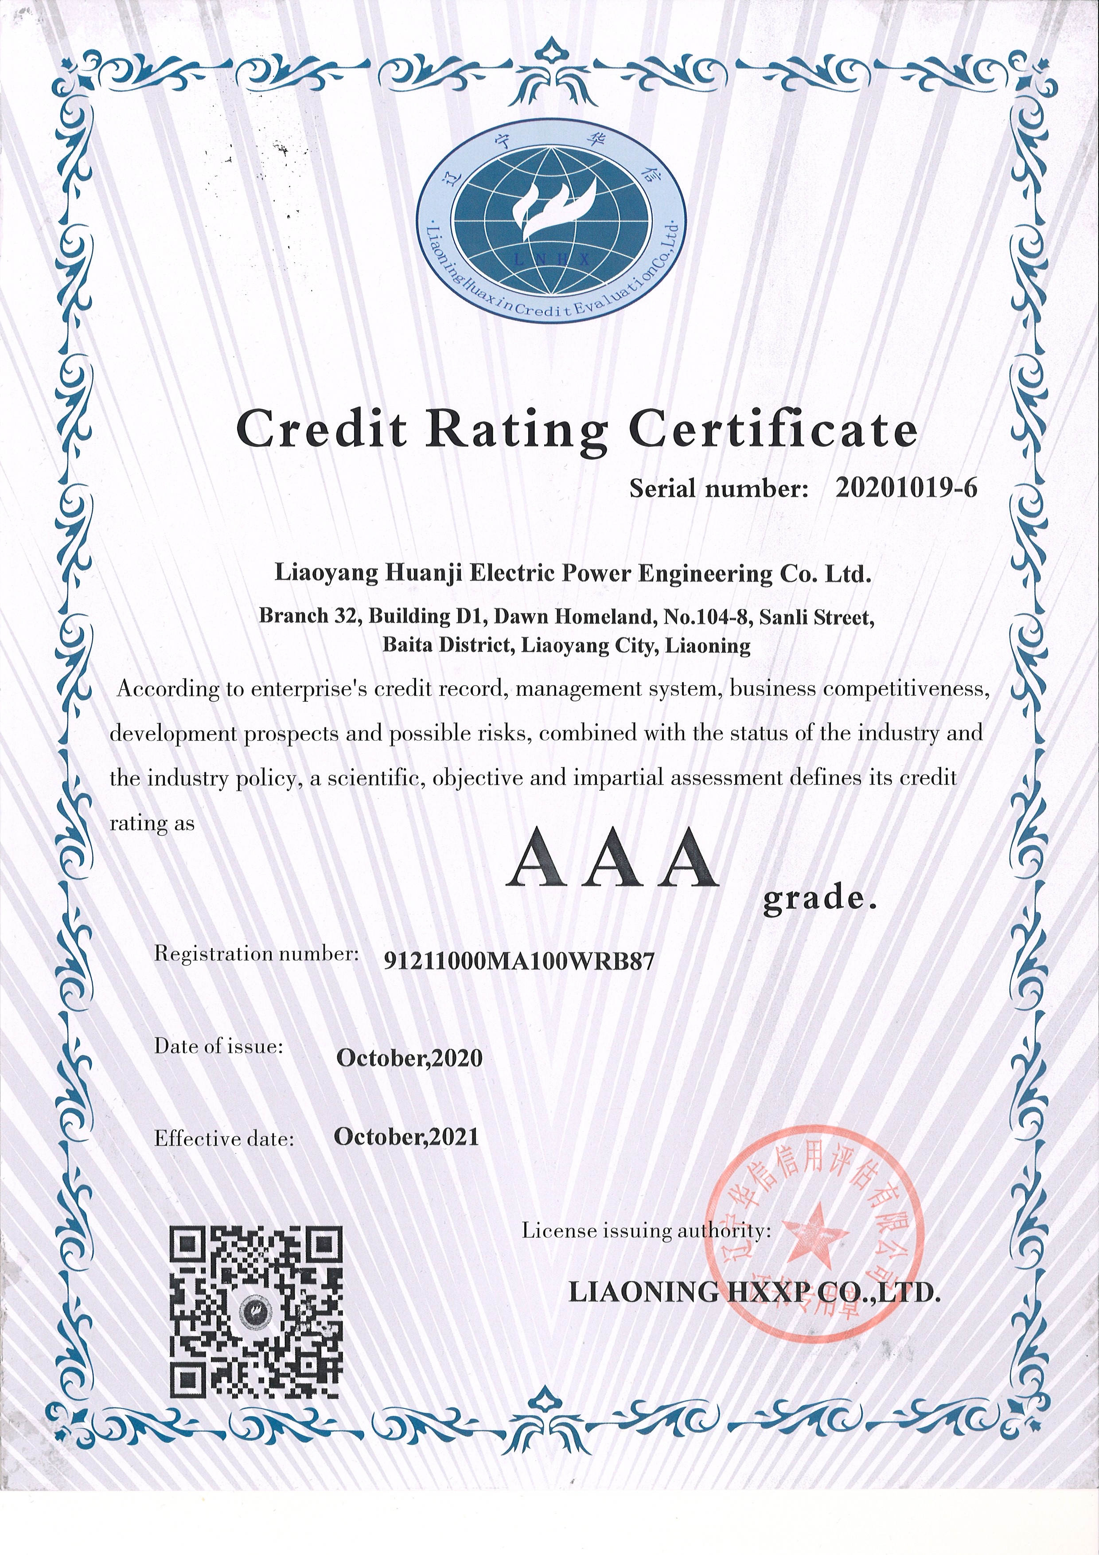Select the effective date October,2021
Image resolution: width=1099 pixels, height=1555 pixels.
pyautogui.click(x=406, y=1137)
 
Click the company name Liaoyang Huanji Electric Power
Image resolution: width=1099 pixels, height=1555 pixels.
pyautogui.click(x=572, y=574)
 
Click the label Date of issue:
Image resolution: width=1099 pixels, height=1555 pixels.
pyautogui.click(x=218, y=1047)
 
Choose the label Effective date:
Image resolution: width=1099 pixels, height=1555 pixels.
pyautogui.click(x=224, y=1138)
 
